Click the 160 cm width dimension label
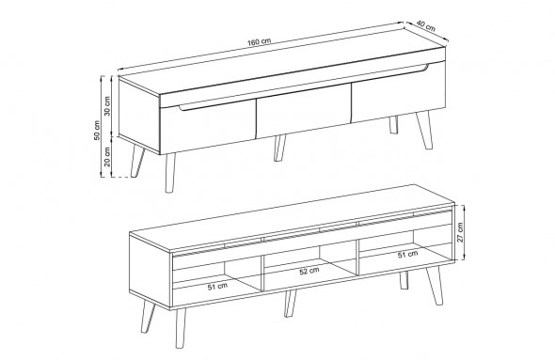(x=259, y=41)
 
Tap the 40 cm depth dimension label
(x=425, y=25)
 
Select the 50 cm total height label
(x=97, y=130)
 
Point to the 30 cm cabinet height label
(x=107, y=105)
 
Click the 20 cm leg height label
(x=107, y=156)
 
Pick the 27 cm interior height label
(x=460, y=232)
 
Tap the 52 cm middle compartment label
(x=309, y=272)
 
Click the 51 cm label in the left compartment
(x=217, y=287)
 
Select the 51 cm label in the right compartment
(x=407, y=254)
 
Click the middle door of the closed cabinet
(x=303, y=110)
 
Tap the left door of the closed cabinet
(x=208, y=126)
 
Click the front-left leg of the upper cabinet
(x=170, y=173)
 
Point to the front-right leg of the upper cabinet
(x=424, y=130)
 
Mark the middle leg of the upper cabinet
(x=279, y=148)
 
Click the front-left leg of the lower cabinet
(x=181, y=327)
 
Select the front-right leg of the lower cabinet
(x=435, y=285)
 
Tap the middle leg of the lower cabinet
(x=290, y=304)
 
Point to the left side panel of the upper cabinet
(x=139, y=116)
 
